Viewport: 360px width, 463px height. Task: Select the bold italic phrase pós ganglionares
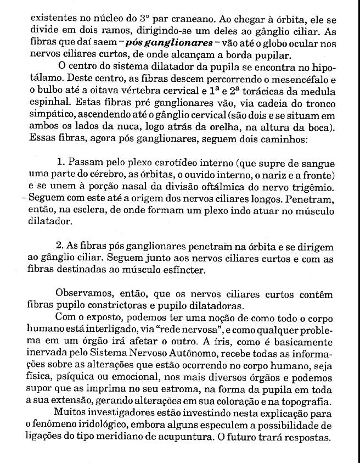coord(165,42)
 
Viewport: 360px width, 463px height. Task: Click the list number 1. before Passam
coord(61,163)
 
